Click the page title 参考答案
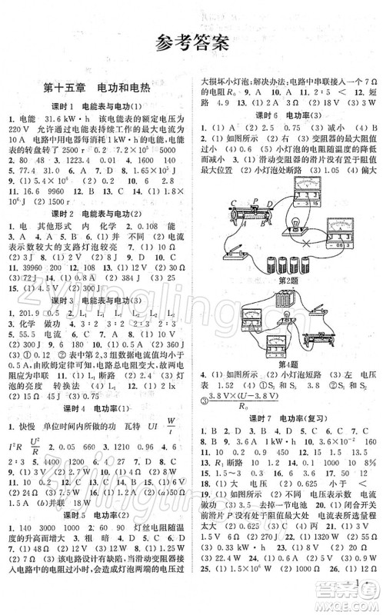(191, 42)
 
